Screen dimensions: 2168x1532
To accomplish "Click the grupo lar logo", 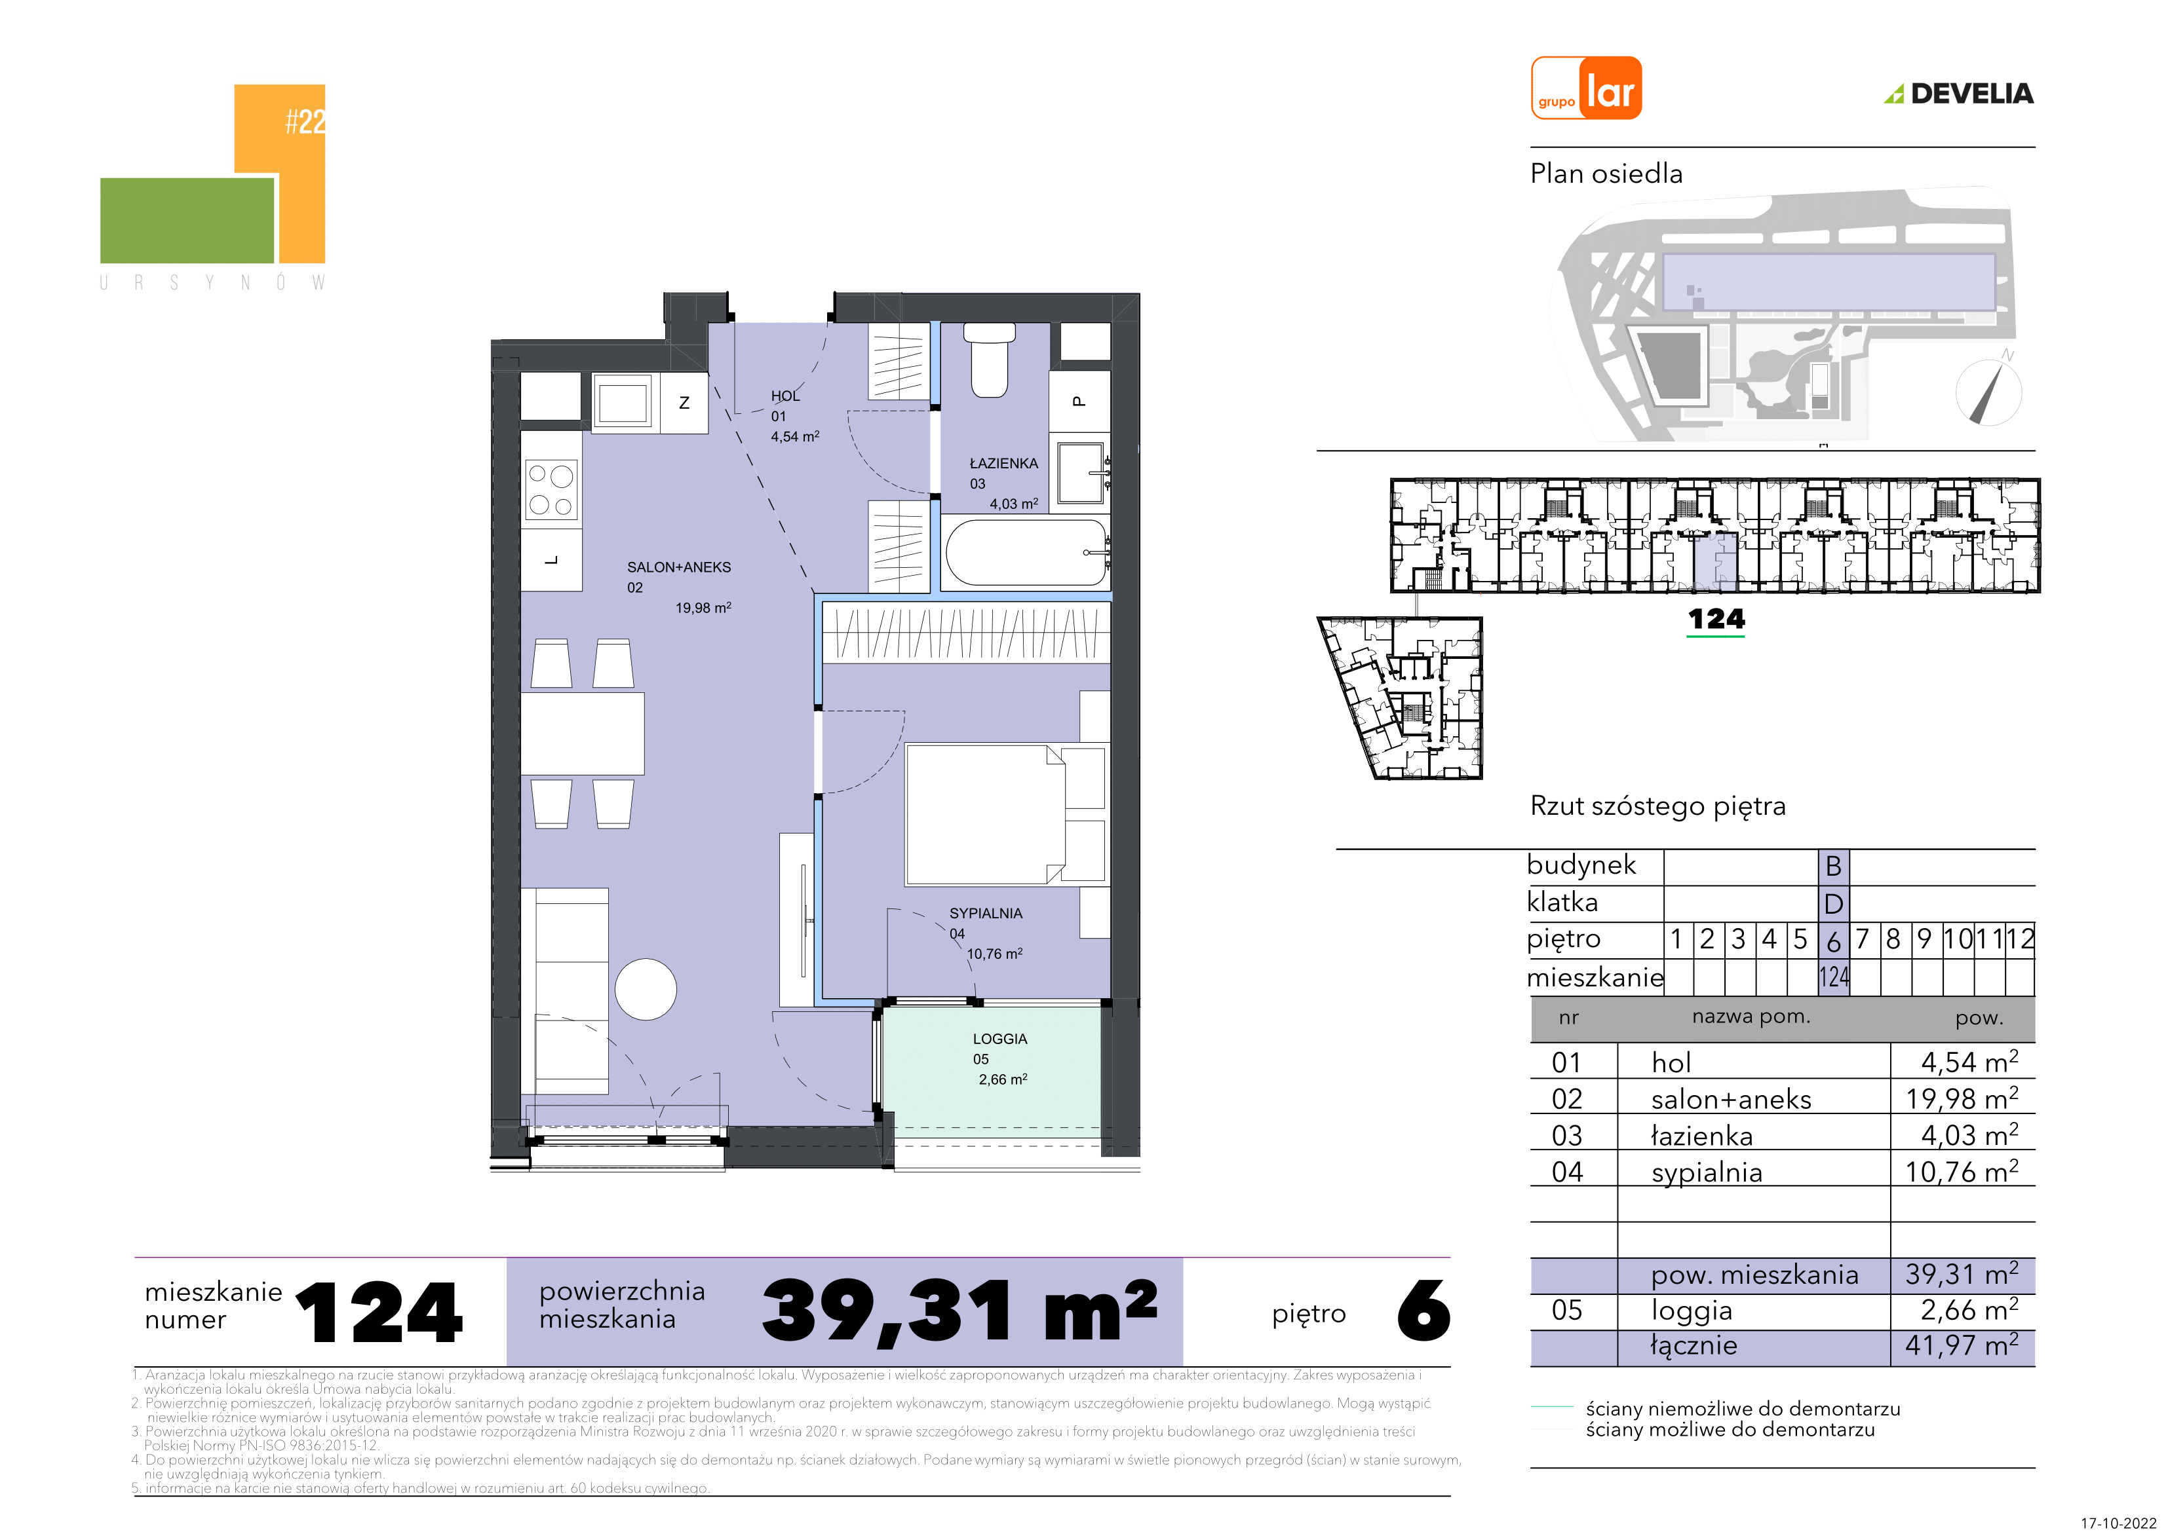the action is click(1585, 88).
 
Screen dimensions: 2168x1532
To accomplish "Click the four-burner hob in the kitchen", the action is click(551, 490).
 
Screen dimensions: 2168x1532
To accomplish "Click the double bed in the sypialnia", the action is click(1004, 815).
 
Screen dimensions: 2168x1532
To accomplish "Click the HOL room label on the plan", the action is click(784, 396).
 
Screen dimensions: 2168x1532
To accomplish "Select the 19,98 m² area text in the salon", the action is click(703, 608).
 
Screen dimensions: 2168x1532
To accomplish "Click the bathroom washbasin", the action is click(1081, 473).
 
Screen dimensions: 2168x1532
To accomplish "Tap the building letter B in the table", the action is click(1834, 866).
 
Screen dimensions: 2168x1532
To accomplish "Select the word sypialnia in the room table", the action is click(1707, 1172).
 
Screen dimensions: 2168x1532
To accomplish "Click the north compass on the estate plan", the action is click(1988, 391).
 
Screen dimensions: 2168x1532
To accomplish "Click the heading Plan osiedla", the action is click(1606, 174).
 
